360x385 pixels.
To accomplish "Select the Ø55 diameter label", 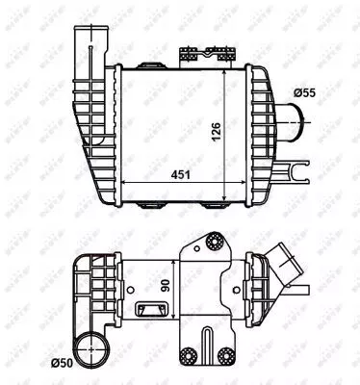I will [x=307, y=92].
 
